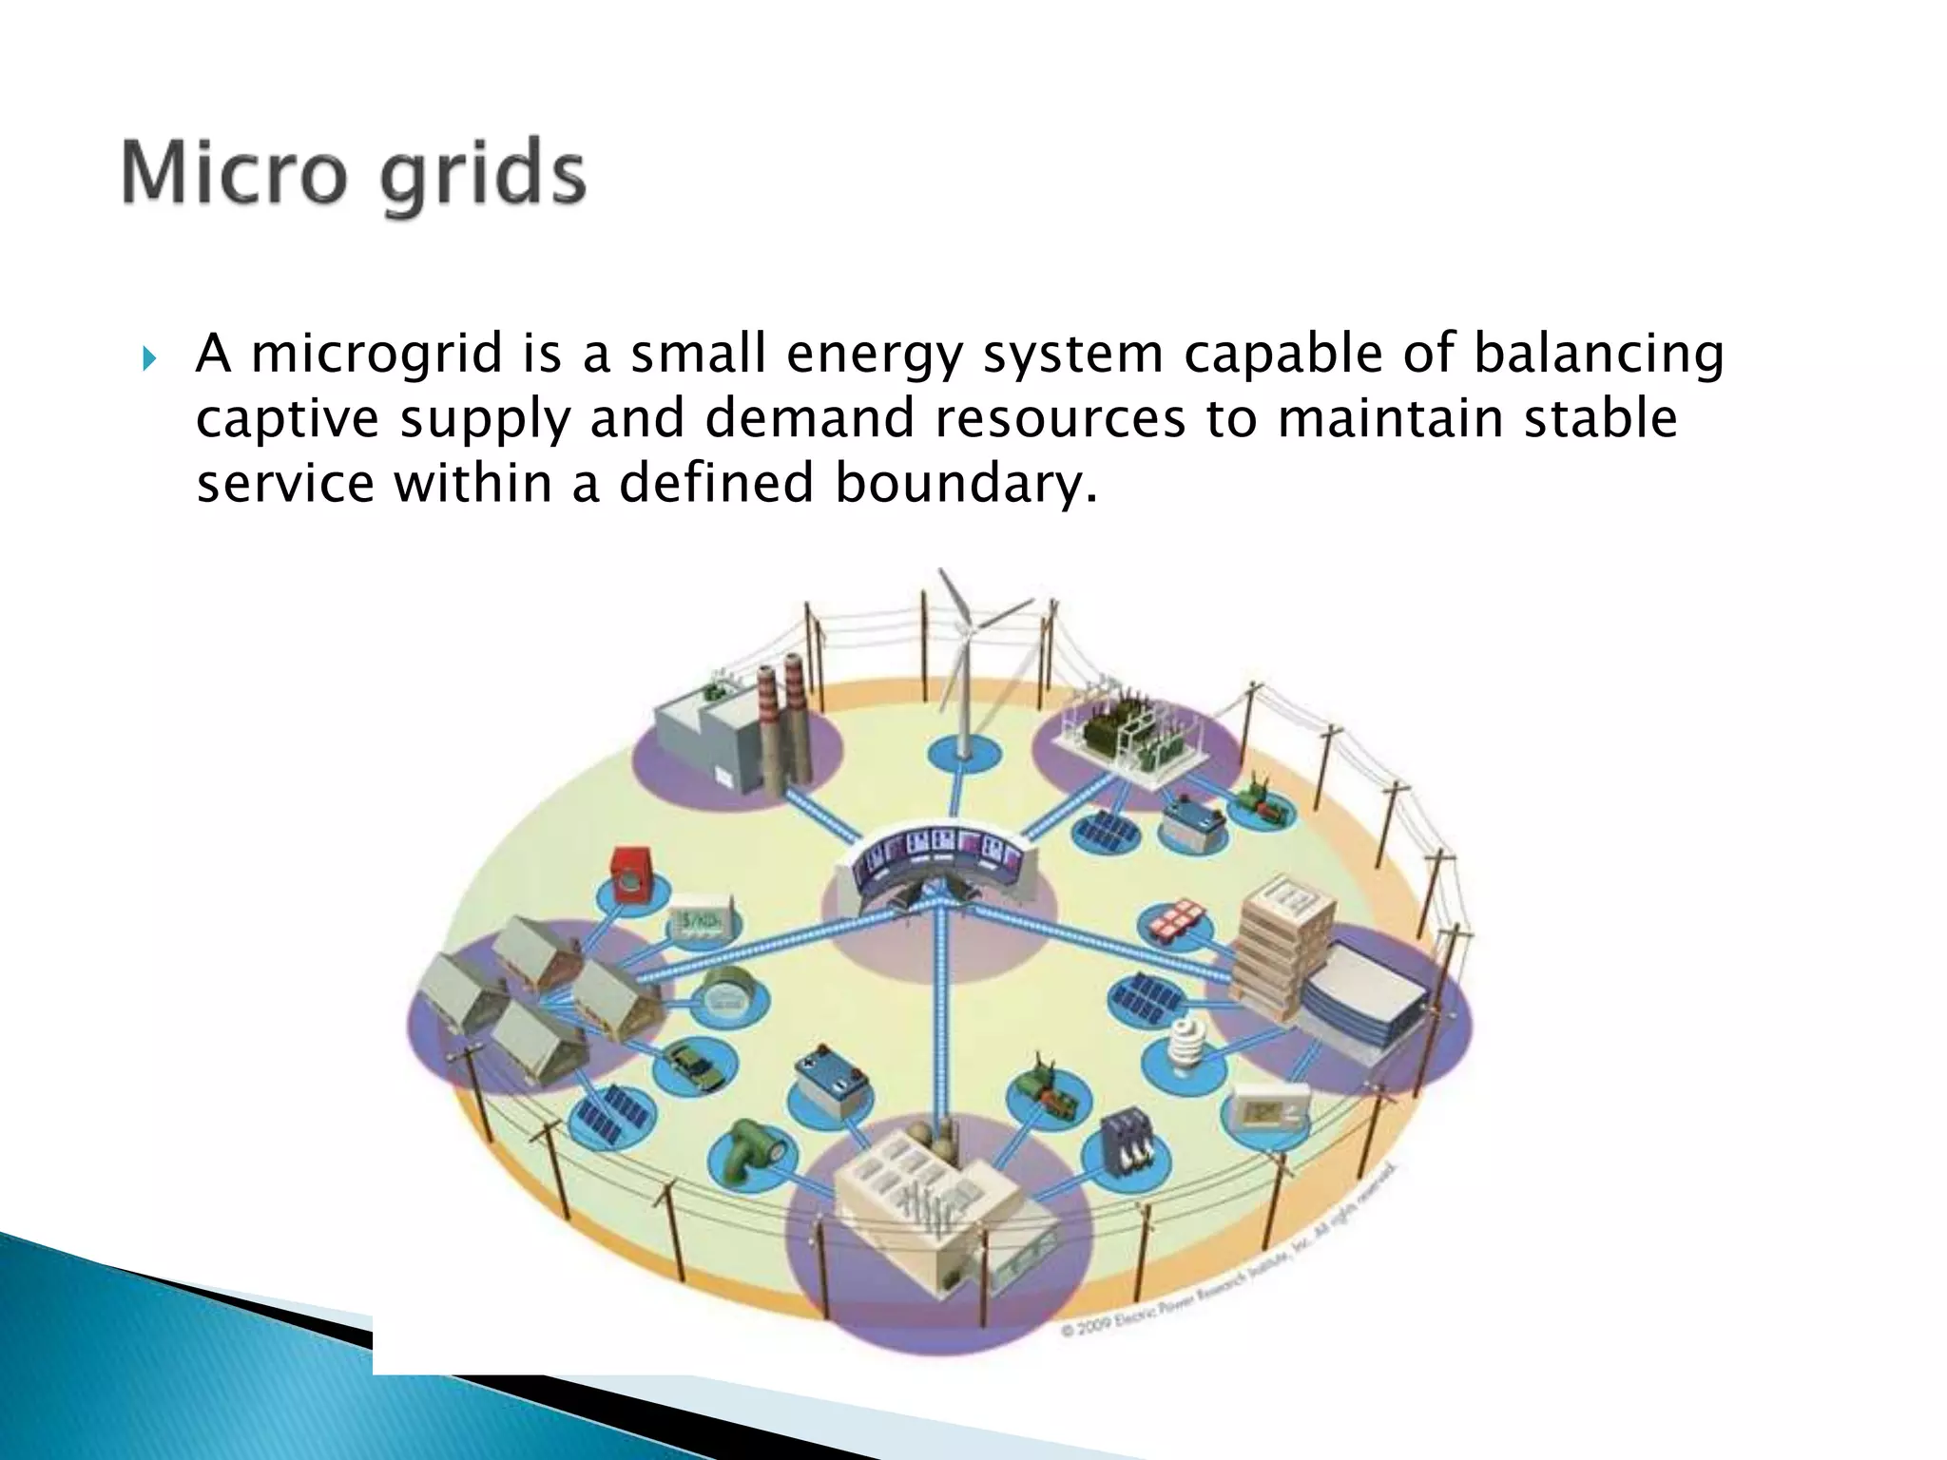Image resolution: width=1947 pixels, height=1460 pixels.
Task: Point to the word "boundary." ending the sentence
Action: pos(966,484)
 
